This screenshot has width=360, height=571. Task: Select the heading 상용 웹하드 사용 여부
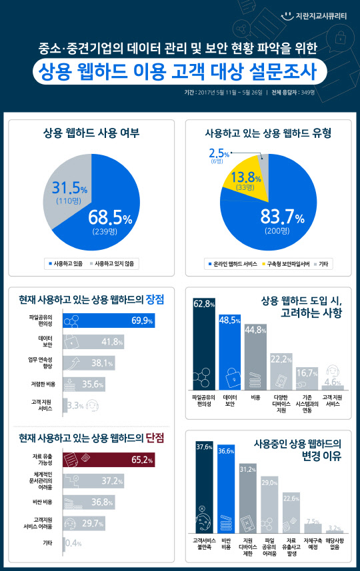(x=91, y=133)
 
